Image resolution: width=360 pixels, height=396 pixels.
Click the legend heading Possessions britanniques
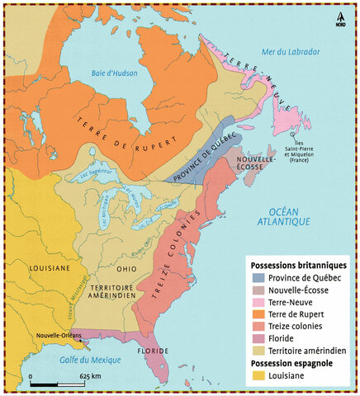click(x=299, y=263)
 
